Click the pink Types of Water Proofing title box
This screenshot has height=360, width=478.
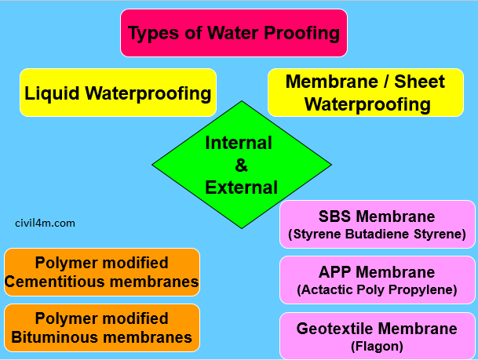click(x=234, y=33)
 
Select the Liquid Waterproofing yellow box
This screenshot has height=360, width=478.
click(x=118, y=93)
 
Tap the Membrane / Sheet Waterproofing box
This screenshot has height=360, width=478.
click(x=365, y=93)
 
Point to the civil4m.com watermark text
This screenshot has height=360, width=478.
click(x=46, y=223)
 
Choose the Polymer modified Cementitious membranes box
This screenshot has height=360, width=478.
click(x=102, y=272)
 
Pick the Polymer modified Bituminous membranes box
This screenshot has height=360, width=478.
click(x=102, y=328)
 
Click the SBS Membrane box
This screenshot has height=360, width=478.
click(x=377, y=224)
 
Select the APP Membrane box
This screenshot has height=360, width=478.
click(x=377, y=280)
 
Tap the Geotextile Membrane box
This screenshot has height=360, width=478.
click(x=377, y=336)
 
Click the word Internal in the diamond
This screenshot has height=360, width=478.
click(x=239, y=143)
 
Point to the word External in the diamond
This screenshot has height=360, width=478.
click(x=242, y=187)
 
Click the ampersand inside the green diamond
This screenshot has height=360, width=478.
click(x=241, y=165)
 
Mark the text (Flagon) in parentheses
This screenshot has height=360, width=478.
click(x=377, y=346)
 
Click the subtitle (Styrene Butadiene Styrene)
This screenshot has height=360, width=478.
click(x=377, y=234)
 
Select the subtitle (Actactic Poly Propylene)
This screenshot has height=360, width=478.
click(x=377, y=289)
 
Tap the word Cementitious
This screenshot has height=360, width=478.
click(x=72, y=281)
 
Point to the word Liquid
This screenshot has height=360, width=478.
click(x=49, y=93)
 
